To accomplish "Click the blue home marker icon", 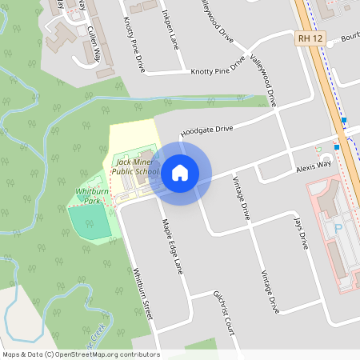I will [180, 172].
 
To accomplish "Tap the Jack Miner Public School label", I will [134, 166].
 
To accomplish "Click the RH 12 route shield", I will [308, 38].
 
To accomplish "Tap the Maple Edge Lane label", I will [173, 246].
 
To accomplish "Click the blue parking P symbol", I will [337, 228].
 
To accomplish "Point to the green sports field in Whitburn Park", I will [90, 222].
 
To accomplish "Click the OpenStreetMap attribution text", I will [80, 354].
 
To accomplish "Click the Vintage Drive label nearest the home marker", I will [241, 198].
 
